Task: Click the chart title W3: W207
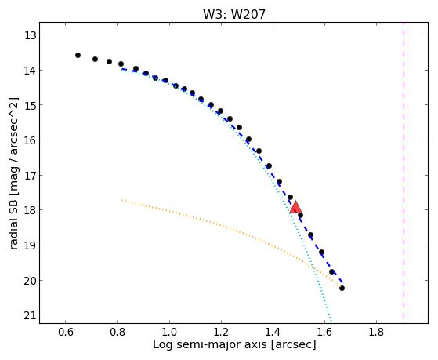coord(234,14)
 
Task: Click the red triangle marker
coord(295,207)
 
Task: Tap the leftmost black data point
coord(78,56)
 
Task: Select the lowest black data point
coord(342,288)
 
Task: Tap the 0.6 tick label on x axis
coord(65,332)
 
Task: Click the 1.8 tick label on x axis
coord(376,332)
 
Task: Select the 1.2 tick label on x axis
coord(221,332)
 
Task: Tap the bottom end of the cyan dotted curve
coord(331,322)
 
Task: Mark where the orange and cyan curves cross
coord(313,268)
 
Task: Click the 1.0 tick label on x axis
coord(169,332)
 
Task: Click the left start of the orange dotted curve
coord(122,200)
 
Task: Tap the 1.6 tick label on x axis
coord(324,332)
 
